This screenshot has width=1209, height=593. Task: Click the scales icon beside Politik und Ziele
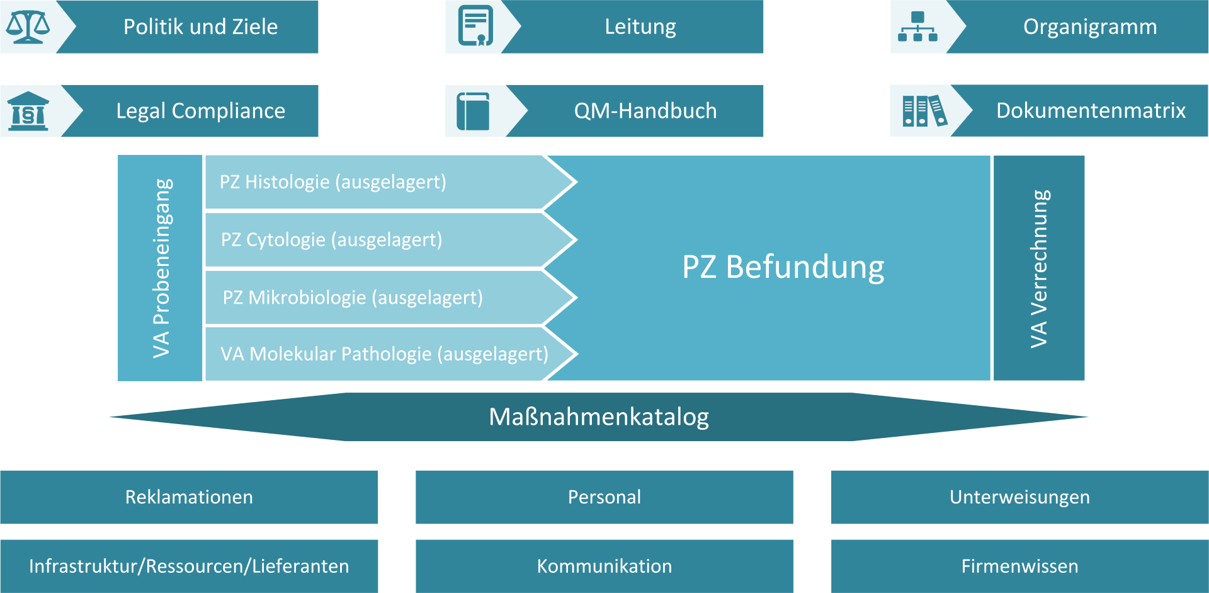(x=28, y=26)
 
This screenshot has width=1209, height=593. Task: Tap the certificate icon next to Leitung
(x=475, y=26)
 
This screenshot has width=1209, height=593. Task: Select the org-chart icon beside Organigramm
(x=917, y=26)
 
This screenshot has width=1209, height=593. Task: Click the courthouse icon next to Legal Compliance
(x=28, y=111)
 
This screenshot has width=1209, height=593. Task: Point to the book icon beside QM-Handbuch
(x=474, y=111)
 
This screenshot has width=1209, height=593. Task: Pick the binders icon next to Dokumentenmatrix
(x=924, y=111)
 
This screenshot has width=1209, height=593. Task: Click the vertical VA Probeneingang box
(x=160, y=268)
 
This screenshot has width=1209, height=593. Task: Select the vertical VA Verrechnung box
(x=1039, y=268)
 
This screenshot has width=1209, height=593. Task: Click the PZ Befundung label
(x=783, y=267)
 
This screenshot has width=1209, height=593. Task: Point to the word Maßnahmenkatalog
(x=599, y=417)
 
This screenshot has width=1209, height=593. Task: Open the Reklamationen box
(x=189, y=497)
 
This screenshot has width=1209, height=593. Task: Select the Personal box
(x=604, y=497)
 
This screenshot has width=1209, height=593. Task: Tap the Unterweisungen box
(x=1019, y=497)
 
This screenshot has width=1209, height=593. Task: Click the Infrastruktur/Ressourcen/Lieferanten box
(x=189, y=566)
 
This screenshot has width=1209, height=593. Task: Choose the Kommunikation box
(x=604, y=566)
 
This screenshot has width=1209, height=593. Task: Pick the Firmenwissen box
(x=1019, y=566)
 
